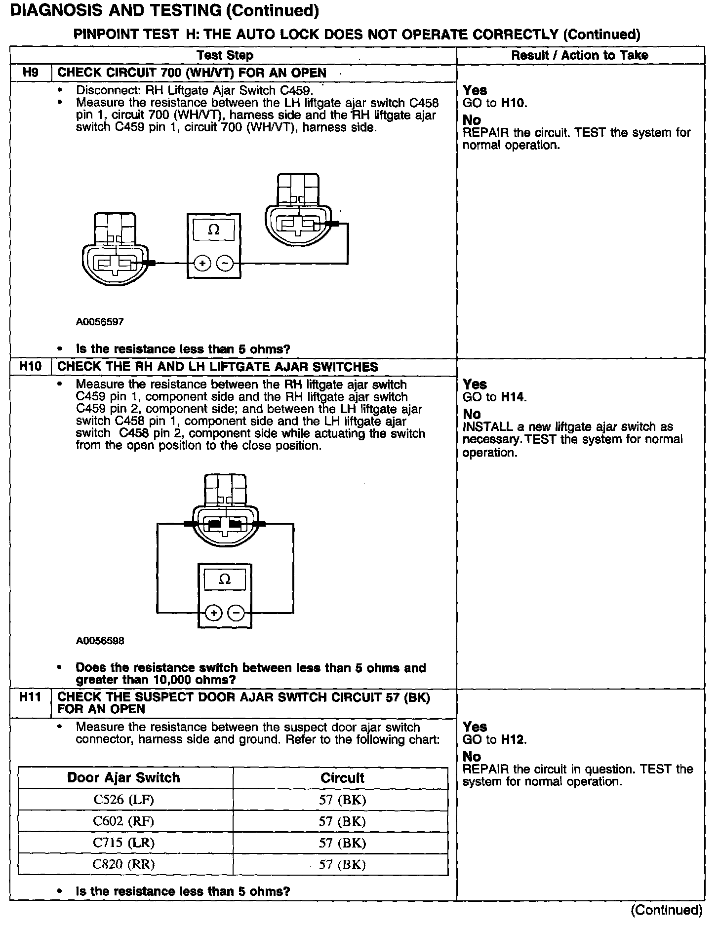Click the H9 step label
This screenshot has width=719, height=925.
point(30,73)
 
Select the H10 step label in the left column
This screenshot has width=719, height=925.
point(31,367)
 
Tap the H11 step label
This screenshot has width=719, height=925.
point(31,697)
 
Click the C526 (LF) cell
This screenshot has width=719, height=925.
point(124,800)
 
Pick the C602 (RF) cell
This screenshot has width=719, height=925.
point(124,821)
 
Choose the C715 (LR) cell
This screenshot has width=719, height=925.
point(124,843)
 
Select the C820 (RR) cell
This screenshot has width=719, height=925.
point(124,865)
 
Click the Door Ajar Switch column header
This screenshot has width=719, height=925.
point(124,778)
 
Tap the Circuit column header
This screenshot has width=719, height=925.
point(342,778)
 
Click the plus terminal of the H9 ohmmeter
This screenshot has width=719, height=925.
point(202,264)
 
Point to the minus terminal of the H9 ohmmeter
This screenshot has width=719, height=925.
point(226,264)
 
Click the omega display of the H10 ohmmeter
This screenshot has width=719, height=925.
point(225,579)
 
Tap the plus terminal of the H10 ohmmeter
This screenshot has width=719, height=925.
point(213,613)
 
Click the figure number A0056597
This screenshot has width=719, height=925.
point(100,322)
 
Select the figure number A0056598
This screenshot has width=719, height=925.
point(100,641)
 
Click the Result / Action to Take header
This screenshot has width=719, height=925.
point(580,55)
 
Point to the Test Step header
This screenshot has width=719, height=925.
point(225,55)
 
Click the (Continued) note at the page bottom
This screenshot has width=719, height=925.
point(666,910)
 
